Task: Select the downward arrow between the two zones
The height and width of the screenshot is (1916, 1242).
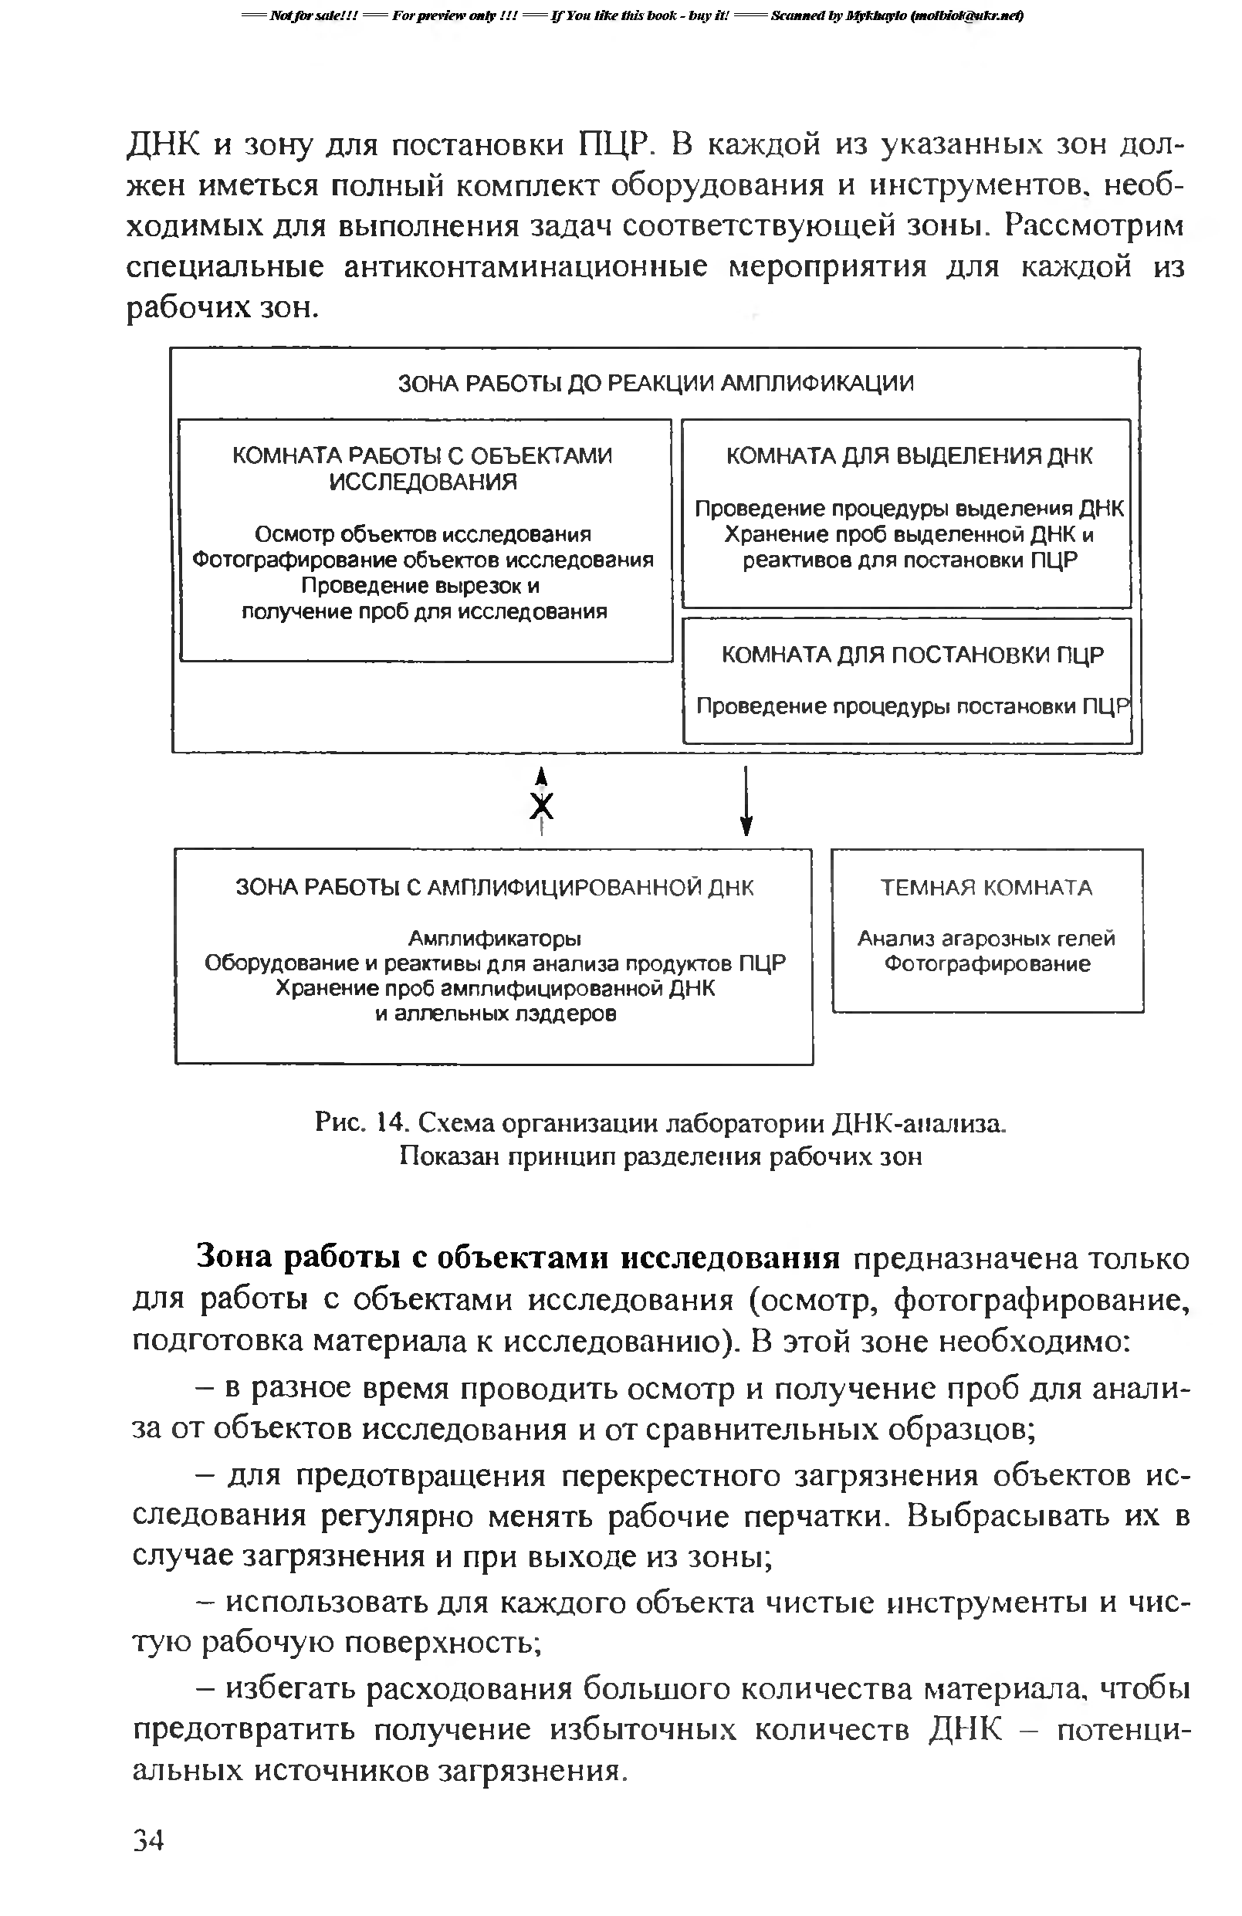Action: click(x=746, y=801)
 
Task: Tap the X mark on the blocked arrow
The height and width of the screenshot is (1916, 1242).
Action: click(x=543, y=805)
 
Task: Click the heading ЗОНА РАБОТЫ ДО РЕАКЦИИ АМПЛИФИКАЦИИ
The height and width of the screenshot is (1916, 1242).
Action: click(x=656, y=383)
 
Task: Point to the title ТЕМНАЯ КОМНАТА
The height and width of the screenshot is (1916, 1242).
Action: click(x=986, y=887)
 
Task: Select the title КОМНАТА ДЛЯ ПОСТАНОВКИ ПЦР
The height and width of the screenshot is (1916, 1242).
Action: click(x=912, y=655)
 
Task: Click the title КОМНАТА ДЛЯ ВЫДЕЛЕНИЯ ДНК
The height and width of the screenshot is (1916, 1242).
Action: click(x=909, y=456)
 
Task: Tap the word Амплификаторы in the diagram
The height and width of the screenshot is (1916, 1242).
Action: click(x=494, y=938)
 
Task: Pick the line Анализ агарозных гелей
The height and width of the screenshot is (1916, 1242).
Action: click(x=986, y=938)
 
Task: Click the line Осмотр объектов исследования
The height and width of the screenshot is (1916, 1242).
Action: click(x=422, y=533)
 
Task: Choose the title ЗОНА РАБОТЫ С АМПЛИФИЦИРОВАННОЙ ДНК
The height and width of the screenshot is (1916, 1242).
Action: click(x=494, y=887)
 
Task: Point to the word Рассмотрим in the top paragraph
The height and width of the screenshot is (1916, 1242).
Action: click(x=1094, y=225)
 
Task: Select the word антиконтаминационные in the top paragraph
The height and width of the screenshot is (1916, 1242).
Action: click(x=526, y=266)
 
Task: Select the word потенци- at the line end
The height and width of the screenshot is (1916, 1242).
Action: click(x=1123, y=1728)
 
